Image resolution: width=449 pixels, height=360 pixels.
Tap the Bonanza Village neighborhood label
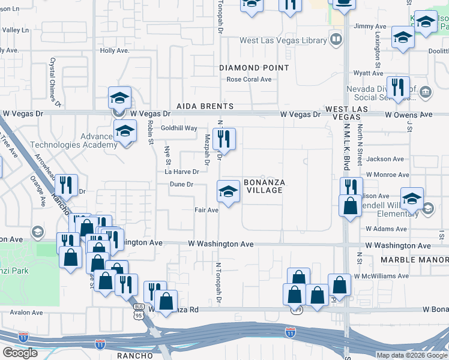[264, 186]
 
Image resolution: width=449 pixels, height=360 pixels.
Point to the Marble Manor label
[414, 260]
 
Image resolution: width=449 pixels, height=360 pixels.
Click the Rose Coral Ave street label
[249, 79]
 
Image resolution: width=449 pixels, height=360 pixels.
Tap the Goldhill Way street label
[179, 128]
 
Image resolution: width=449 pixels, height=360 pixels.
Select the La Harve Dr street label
[181, 172]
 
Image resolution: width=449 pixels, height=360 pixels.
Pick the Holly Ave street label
[115, 51]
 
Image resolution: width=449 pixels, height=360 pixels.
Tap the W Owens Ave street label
[408, 114]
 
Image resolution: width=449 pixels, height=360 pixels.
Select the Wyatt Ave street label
[368, 73]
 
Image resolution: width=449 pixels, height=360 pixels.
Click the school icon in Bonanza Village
[228, 192]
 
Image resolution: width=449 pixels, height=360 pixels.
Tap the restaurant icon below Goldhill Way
[224, 139]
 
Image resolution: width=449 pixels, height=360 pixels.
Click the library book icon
[337, 40]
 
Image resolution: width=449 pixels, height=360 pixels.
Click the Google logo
[20, 353]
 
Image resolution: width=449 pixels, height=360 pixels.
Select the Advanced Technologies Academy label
[82, 140]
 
